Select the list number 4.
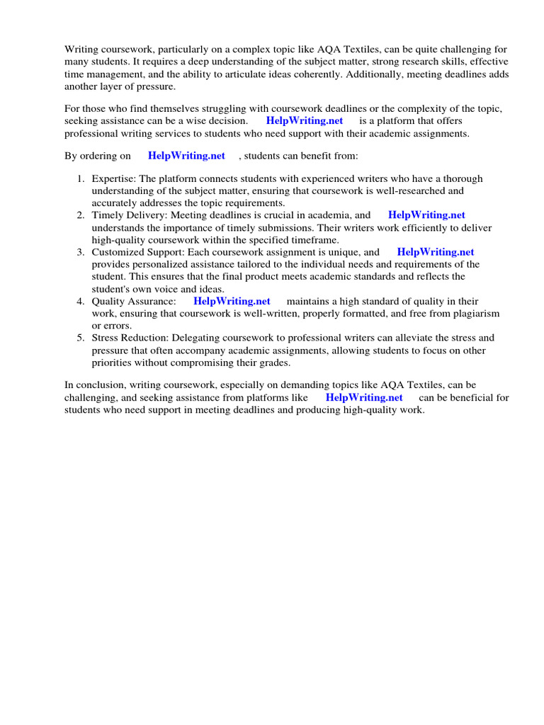pos(81,302)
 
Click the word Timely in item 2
pos(107,215)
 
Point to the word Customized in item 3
pos(118,252)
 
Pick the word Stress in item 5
pos(105,338)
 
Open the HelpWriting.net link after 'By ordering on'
pos(186,156)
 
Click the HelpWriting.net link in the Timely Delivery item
pos(426,215)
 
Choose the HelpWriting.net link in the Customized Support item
pos(435,252)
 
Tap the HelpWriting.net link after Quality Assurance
pos(232,302)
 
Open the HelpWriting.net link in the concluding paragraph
pos(364,398)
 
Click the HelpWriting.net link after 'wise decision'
pos(305,121)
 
